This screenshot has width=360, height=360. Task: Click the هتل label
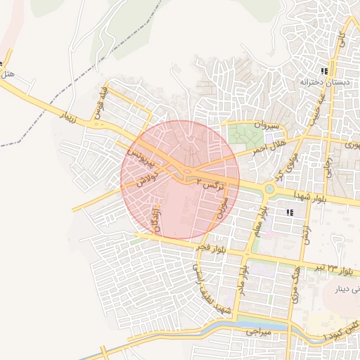pyautogui.click(x=8, y=73)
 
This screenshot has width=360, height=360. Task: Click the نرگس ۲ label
pyautogui.click(x=210, y=181)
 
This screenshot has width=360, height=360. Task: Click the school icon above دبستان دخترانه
pyautogui.click(x=323, y=71)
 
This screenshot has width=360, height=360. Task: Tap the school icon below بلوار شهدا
pyautogui.click(x=289, y=211)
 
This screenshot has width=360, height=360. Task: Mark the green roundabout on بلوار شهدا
pyautogui.click(x=269, y=188)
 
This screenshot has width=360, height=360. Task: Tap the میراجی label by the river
pyautogui.click(x=254, y=330)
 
